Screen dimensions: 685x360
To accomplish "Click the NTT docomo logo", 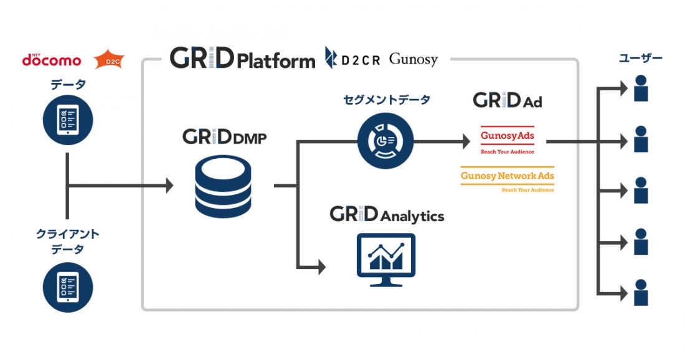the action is [x=52, y=59].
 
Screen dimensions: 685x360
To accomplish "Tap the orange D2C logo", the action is [x=109, y=60].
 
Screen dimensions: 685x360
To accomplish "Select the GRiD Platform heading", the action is [x=242, y=59].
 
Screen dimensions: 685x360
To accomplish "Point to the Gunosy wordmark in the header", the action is [x=413, y=59].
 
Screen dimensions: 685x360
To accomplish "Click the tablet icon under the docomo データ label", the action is [x=68, y=120].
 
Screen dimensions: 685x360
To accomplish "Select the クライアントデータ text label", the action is [x=68, y=242].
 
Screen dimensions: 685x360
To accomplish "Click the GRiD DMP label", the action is [x=225, y=137].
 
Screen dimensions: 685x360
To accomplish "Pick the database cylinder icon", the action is [x=223, y=187].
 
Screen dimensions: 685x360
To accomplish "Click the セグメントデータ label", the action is [x=387, y=100].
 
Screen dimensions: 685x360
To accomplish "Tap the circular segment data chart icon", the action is [x=385, y=141].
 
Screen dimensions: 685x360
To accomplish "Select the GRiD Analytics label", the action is [x=387, y=214].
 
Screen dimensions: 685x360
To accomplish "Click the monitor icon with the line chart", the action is [x=386, y=260].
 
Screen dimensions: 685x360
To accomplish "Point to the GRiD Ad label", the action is [x=508, y=100].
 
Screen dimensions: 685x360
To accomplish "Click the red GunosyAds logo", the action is [x=507, y=140].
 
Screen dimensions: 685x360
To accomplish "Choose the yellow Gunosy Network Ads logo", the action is [x=507, y=179].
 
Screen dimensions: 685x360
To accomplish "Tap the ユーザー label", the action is [x=640, y=58].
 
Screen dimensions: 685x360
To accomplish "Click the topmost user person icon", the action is [x=641, y=88].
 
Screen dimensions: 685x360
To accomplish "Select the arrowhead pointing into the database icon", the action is [x=169, y=186].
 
